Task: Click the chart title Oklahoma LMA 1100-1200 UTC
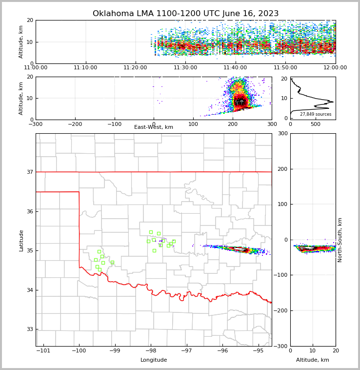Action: click(x=185, y=14)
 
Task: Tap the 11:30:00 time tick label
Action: click(x=185, y=68)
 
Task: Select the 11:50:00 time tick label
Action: click(x=285, y=68)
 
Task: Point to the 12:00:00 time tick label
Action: click(x=335, y=68)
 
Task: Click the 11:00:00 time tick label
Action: click(x=36, y=68)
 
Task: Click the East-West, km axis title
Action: click(x=154, y=127)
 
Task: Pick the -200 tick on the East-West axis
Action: click(x=75, y=124)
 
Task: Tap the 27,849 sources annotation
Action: click(x=316, y=114)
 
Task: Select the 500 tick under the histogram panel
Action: click(x=316, y=124)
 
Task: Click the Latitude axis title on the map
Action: click(x=21, y=240)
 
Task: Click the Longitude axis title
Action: click(x=154, y=360)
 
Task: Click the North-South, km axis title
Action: click(x=340, y=240)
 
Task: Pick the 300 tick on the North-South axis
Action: click(x=282, y=133)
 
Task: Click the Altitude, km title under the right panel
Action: click(x=313, y=360)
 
